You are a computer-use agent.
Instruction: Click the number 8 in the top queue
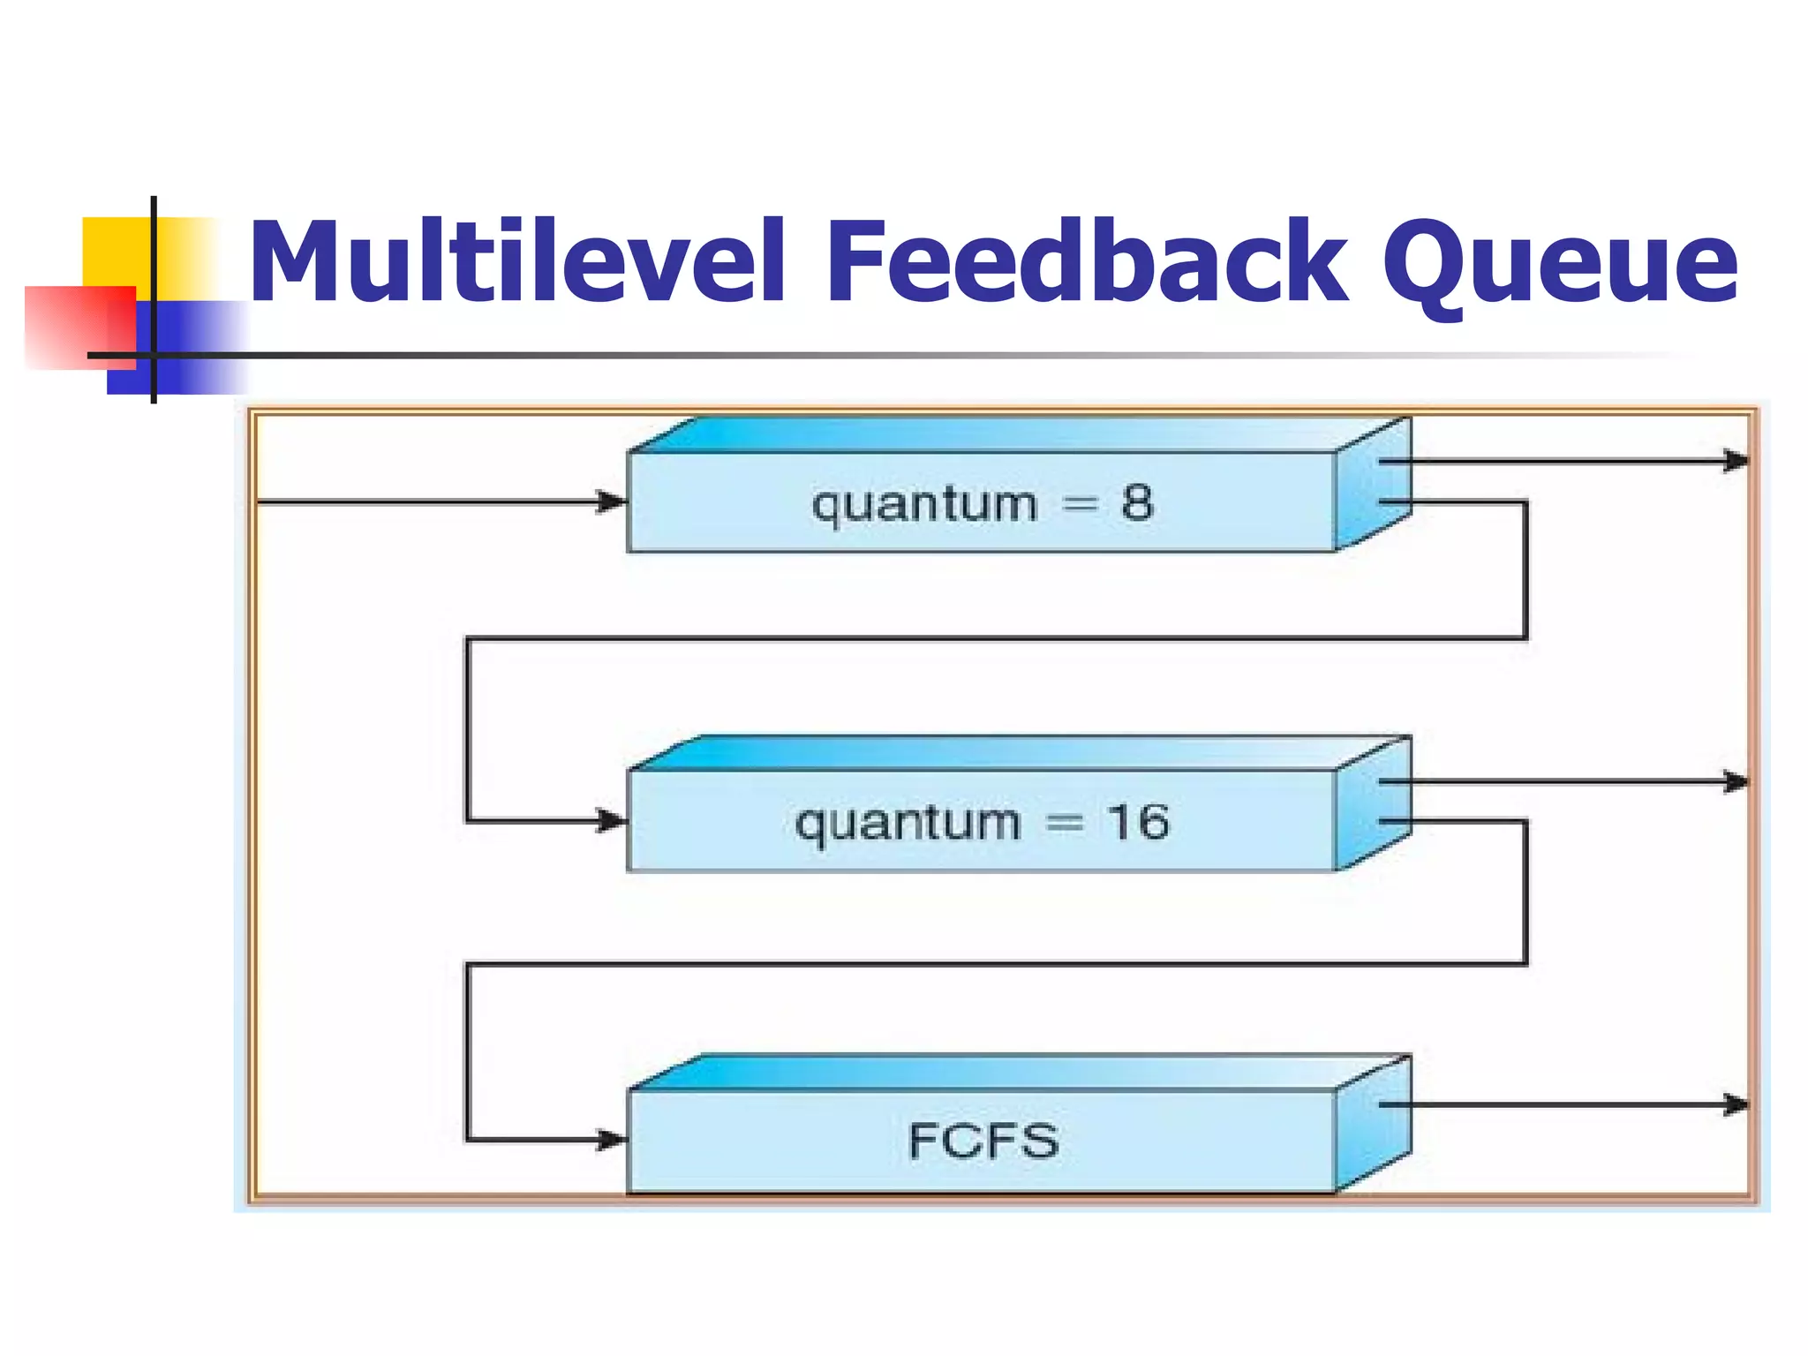pyautogui.click(x=1137, y=503)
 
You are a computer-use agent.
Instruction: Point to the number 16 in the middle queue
pyautogui.click(x=1138, y=822)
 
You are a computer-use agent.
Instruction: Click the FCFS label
pyautogui.click(x=983, y=1141)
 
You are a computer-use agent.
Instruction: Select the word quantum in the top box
pyautogui.click(x=924, y=506)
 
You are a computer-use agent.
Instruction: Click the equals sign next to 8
pyautogui.click(x=1080, y=504)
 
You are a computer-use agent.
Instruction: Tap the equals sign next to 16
pyautogui.click(x=1064, y=823)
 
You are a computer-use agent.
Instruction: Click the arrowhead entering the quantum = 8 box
pyautogui.click(x=612, y=502)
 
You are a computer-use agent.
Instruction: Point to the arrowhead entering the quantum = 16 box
pyautogui.click(x=612, y=821)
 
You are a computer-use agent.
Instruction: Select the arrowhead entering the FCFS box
pyautogui.click(x=612, y=1140)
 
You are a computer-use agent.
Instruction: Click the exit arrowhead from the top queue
pyautogui.click(x=1736, y=461)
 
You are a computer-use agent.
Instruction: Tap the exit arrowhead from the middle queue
pyautogui.click(x=1736, y=781)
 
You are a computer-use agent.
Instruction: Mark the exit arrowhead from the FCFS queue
pyautogui.click(x=1736, y=1104)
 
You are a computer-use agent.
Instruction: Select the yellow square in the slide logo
pyautogui.click(x=115, y=252)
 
